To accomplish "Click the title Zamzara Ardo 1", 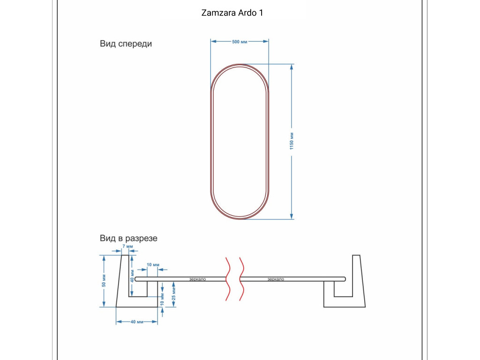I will coord(232,13).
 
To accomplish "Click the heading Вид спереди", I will coord(126,44).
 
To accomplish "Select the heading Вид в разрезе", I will coord(128,238).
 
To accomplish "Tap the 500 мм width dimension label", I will coord(240,42).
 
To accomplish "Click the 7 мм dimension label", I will coord(127,247).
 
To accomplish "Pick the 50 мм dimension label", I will coord(104,281).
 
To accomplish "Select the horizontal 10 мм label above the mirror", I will coord(153,265).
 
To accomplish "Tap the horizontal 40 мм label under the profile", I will coord(137,322).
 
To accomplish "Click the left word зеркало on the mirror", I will coord(197,279).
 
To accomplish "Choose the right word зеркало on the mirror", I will coord(276,279).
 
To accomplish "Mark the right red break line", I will coord(241,279).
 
